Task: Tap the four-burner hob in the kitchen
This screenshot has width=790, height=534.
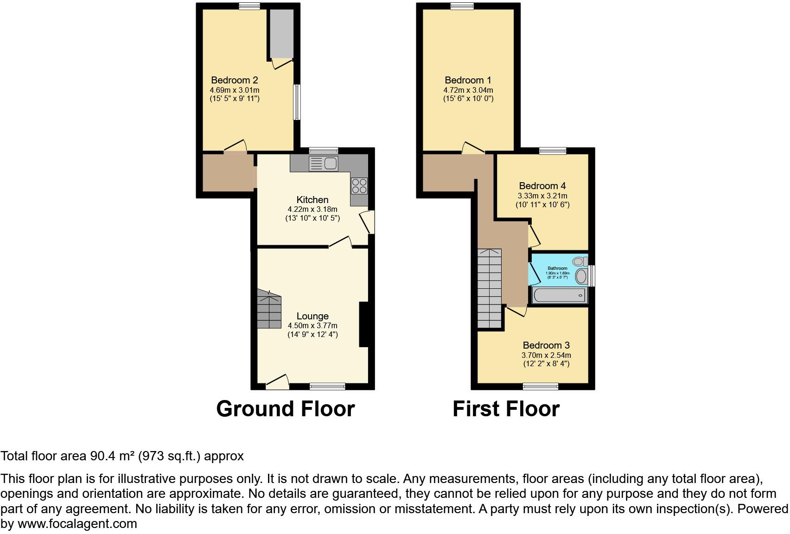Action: click(x=359, y=186)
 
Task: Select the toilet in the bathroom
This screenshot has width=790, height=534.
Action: click(x=580, y=261)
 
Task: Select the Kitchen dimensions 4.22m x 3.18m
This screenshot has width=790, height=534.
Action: click(x=312, y=209)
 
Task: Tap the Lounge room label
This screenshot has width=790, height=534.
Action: click(x=312, y=316)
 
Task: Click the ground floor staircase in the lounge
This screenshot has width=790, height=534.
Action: click(x=269, y=309)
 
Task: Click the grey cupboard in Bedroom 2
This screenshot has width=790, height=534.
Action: click(x=281, y=33)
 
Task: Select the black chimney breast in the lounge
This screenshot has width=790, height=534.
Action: click(x=364, y=324)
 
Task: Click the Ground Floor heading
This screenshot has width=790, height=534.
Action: click(x=286, y=409)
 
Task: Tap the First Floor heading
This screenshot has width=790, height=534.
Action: click(x=506, y=409)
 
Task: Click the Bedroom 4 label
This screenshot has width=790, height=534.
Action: click(x=542, y=186)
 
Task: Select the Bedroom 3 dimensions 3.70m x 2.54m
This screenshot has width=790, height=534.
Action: click(x=546, y=355)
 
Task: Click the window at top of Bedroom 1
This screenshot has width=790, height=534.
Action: click(x=462, y=6)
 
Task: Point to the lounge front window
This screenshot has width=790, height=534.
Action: click(x=327, y=386)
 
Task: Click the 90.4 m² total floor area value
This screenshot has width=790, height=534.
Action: click(x=111, y=456)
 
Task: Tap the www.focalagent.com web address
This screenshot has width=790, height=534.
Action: click(x=77, y=524)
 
